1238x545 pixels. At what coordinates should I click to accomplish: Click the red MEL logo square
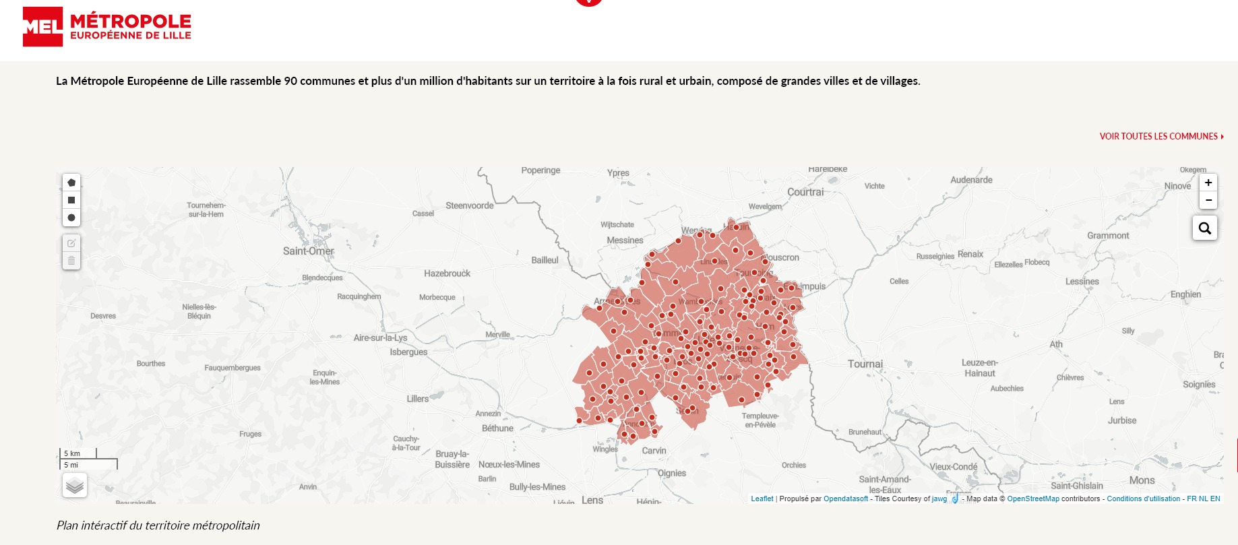42,27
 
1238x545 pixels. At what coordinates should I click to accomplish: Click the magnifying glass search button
1204,228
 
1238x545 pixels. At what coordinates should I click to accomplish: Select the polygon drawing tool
71,183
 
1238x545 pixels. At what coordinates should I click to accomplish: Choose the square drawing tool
71,200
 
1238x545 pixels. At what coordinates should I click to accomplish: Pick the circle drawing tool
71,218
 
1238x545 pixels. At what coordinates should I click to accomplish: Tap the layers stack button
75,485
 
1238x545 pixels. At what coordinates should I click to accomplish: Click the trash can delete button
71,261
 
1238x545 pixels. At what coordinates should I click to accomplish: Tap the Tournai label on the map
865,364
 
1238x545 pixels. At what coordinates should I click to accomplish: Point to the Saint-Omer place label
308,251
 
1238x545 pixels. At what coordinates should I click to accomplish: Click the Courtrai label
805,192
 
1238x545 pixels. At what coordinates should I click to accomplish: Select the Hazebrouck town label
447,274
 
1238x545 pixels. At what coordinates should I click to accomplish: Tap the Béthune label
497,428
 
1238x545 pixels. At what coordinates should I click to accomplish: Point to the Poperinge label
540,170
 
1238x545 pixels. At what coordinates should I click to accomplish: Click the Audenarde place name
971,180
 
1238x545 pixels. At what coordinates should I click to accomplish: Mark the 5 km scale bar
78,453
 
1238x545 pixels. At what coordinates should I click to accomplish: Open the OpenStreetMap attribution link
1032,499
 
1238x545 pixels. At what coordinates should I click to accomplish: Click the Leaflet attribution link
762,499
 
